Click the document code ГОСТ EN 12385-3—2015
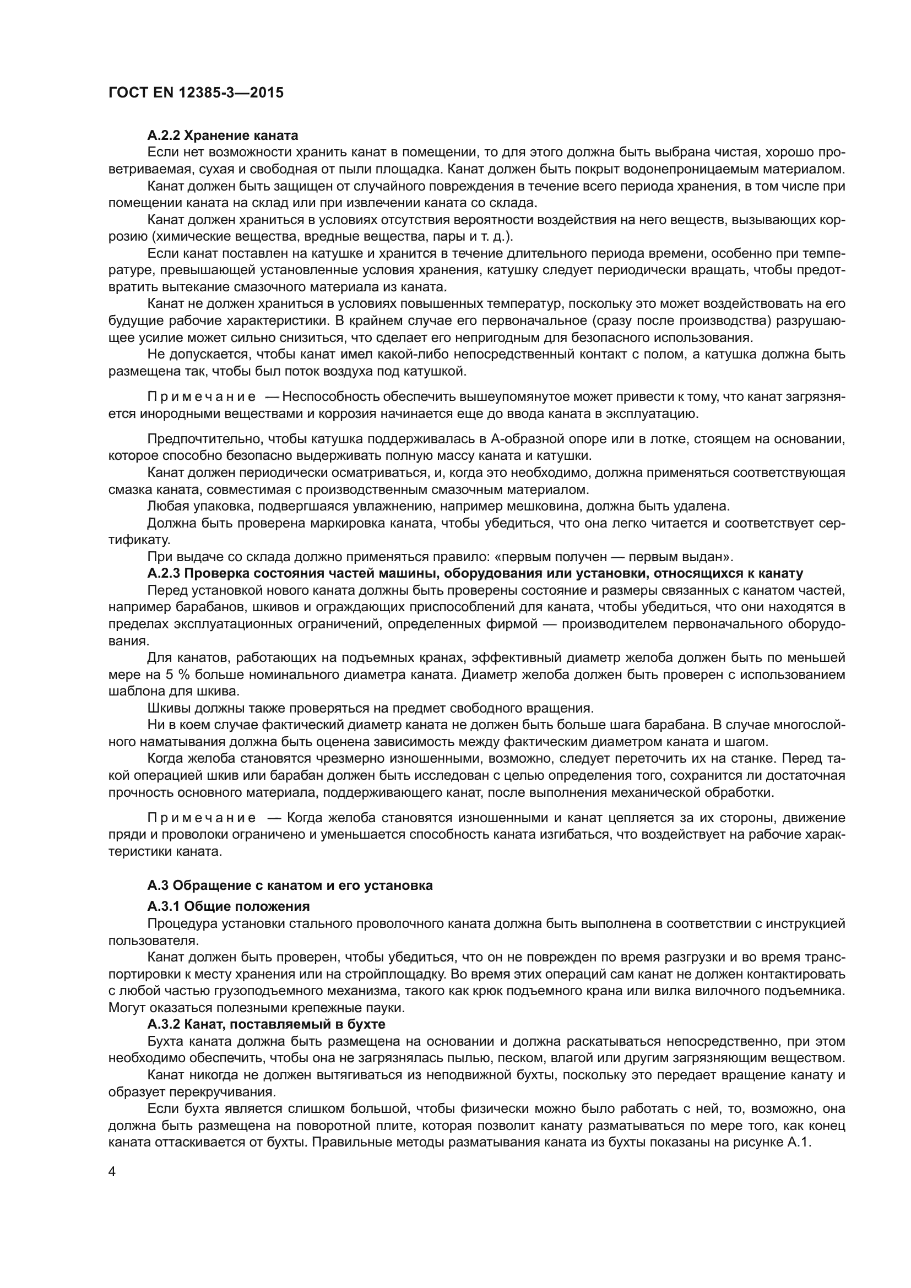[196, 93]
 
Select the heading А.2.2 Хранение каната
[223, 135]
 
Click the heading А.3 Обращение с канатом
[290, 885]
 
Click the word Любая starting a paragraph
[165, 507]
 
